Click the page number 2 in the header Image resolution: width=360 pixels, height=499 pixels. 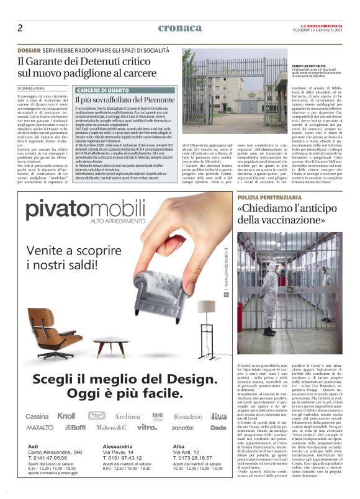click(20, 27)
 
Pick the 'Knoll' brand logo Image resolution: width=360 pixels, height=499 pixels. click(66, 398)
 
